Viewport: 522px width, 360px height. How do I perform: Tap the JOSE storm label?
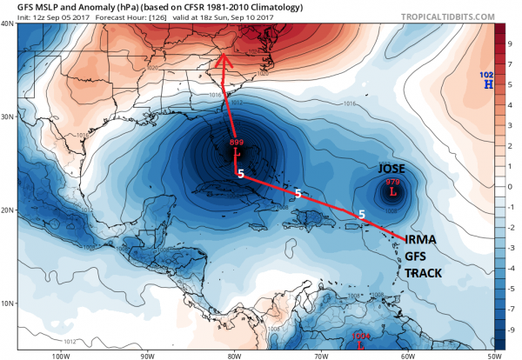pyautogui.click(x=393, y=169)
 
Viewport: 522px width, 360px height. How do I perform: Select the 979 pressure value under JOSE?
pyautogui.click(x=392, y=181)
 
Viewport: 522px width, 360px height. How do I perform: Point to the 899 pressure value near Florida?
pyautogui.click(x=236, y=142)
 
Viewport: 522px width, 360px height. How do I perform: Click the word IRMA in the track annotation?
pyautogui.click(x=422, y=239)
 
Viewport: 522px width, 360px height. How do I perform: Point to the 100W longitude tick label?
pyautogui.click(x=60, y=355)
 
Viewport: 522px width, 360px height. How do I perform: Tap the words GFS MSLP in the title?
pyautogui.click(x=25, y=5)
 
